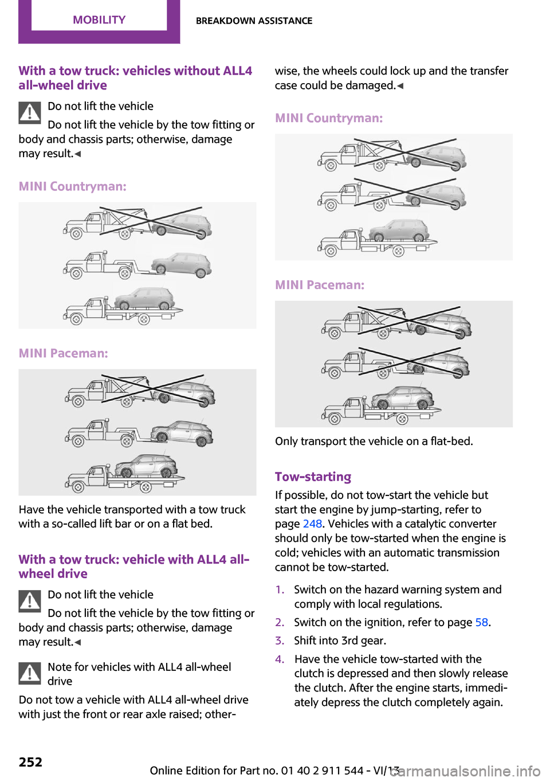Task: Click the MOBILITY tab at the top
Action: point(99,20)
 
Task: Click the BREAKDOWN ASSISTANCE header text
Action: point(254,21)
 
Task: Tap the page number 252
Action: point(30,762)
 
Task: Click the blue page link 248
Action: point(312,524)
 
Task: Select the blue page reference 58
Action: point(481,622)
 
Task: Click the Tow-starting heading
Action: point(313,477)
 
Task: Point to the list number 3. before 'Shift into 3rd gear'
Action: point(280,641)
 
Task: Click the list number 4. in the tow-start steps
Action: point(280,659)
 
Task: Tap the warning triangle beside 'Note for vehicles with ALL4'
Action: point(29,673)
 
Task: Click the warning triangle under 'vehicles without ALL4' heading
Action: point(29,112)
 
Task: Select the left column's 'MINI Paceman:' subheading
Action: point(63,353)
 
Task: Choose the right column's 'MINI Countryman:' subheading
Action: point(329,118)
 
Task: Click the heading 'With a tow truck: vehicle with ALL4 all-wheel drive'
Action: point(133,566)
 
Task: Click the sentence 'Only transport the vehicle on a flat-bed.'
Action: point(374,441)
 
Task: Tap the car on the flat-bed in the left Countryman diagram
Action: point(144,299)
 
